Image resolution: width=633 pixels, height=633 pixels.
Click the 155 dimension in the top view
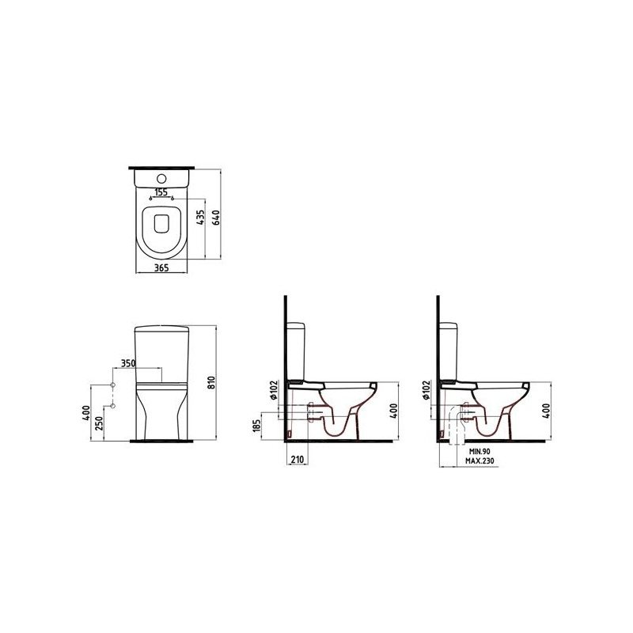(161, 192)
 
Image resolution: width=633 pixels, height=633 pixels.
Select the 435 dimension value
(201, 218)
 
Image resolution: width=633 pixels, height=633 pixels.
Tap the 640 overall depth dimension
(216, 218)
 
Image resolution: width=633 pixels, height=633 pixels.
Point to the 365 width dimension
(161, 267)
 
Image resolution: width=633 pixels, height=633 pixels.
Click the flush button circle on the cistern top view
(161, 178)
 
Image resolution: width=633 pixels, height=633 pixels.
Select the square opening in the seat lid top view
(161, 223)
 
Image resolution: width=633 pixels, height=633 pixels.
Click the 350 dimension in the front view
(128, 363)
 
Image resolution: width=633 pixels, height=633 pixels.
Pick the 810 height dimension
(211, 382)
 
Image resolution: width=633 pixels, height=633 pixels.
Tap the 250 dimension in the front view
(100, 423)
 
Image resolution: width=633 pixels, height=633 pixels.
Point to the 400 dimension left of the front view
(85, 412)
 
